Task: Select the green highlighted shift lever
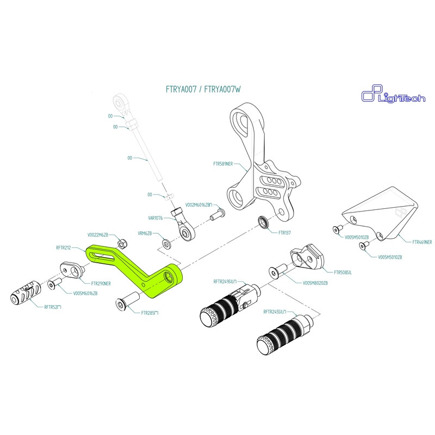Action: pos(136,269)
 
